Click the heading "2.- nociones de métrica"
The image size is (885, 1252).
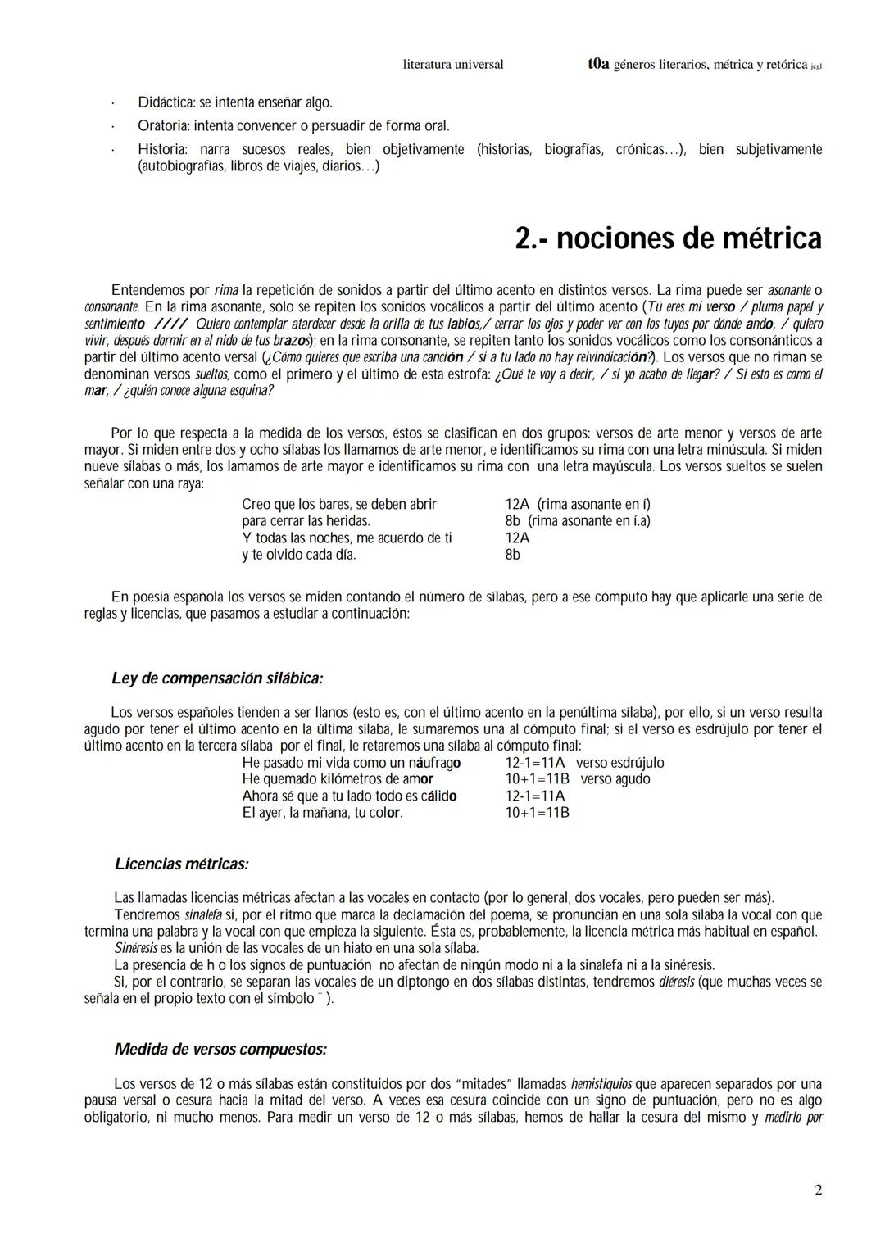668,238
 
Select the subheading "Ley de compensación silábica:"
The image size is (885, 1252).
217,678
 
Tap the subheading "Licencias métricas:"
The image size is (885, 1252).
182,864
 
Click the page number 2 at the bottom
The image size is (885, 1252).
818,1190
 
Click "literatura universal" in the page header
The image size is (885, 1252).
453,64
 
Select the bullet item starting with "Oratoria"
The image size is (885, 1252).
293,126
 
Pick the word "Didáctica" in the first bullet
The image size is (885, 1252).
166,103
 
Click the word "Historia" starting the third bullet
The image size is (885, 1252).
162,149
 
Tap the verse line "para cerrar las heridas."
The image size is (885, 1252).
306,521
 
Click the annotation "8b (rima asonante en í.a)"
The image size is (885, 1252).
578,521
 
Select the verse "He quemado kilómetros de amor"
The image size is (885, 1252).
338,779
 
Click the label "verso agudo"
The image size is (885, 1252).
615,779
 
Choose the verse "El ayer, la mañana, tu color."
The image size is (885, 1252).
322,813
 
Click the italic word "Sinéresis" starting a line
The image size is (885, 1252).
136,948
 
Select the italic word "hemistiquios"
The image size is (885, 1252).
601,1084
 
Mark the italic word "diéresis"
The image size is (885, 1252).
676,982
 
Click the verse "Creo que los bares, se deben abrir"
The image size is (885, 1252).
339,504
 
